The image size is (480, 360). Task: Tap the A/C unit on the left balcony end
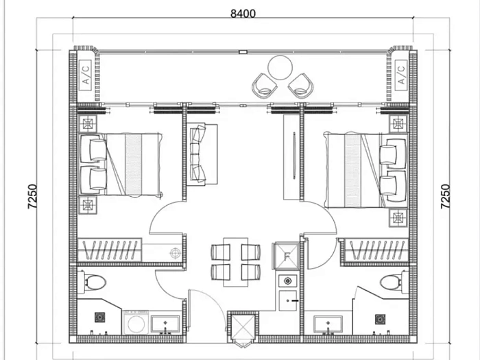[86, 73]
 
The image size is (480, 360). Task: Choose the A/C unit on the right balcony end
[400, 73]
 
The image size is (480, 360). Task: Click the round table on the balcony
[280, 68]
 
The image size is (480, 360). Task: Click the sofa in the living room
[202, 154]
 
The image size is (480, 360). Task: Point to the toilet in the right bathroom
[392, 281]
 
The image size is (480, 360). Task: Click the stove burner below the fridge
[288, 280]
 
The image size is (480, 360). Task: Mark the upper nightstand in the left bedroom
[89, 123]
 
